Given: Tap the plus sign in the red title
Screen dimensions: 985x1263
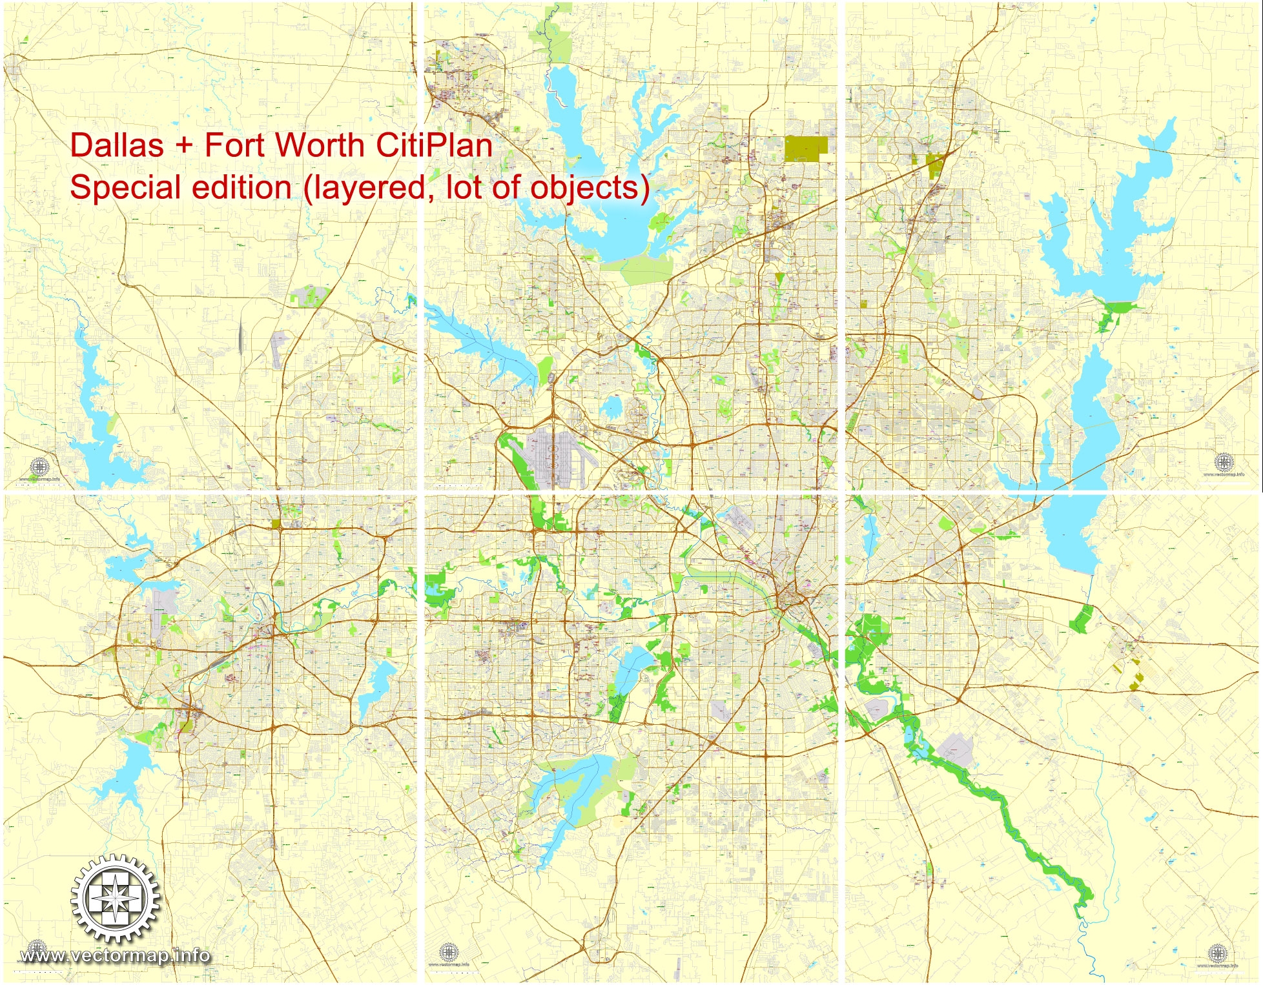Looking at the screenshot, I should (184, 146).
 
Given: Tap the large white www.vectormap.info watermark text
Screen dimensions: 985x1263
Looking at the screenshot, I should (115, 955).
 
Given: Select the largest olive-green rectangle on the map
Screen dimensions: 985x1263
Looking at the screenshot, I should (806, 148).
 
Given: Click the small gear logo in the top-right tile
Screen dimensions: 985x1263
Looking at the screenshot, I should (1223, 462).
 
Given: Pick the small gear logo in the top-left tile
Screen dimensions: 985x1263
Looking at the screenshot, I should (39, 466).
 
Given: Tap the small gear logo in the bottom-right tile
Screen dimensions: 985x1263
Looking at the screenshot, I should (1217, 953).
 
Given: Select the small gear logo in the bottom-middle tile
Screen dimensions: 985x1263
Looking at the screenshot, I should (449, 951).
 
